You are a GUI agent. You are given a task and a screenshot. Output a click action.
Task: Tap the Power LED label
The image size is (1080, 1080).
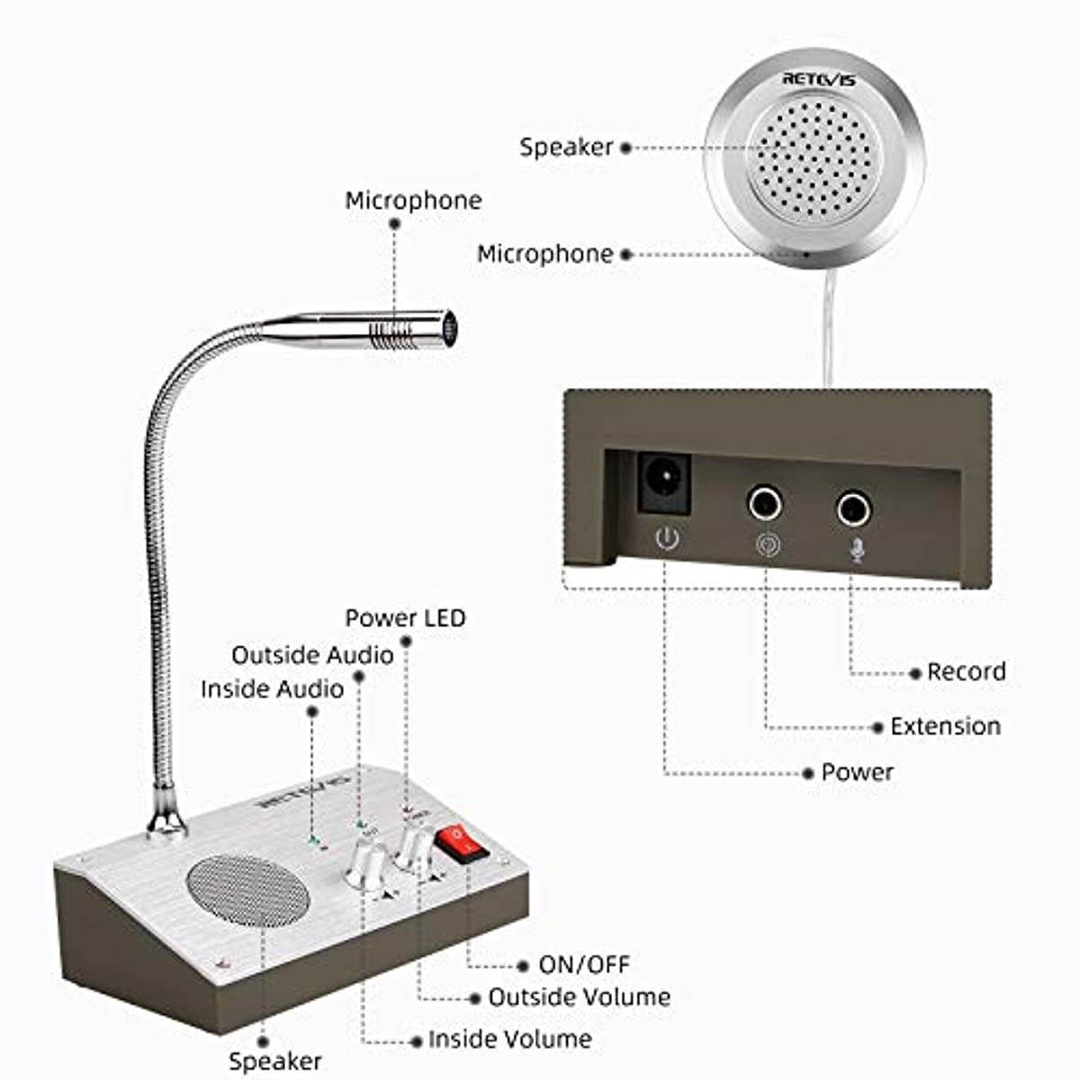click(x=405, y=618)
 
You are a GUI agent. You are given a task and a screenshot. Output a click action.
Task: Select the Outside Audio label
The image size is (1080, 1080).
click(x=312, y=654)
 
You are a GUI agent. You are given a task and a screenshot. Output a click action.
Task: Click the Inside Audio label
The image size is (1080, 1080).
click(x=272, y=688)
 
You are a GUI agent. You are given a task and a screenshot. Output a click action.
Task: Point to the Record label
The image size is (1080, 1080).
click(x=966, y=671)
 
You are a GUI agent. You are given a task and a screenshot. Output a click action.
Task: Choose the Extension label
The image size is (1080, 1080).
click(x=945, y=726)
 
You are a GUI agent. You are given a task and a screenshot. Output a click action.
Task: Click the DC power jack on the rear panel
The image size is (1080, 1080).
click(x=664, y=483)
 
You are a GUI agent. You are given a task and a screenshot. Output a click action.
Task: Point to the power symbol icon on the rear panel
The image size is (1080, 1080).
click(x=666, y=539)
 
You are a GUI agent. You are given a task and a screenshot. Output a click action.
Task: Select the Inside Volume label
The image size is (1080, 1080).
click(x=509, y=1039)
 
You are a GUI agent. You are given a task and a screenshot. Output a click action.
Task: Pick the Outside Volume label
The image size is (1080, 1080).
click(x=579, y=997)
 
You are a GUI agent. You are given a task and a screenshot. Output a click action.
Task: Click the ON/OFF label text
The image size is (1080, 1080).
click(x=584, y=965)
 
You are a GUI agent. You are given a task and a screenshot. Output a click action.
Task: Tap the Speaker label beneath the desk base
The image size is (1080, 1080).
click(x=274, y=1061)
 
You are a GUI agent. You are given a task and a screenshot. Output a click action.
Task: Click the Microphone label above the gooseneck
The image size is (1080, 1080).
click(x=413, y=200)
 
